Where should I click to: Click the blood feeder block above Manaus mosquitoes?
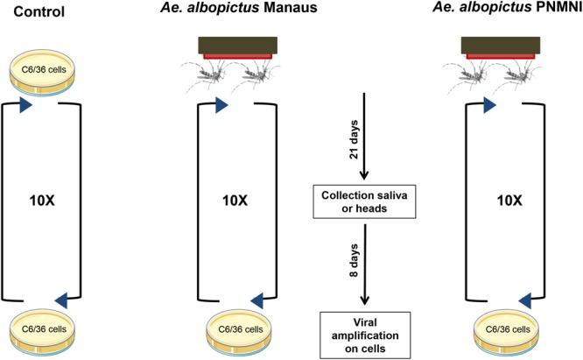tap(237, 46)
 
